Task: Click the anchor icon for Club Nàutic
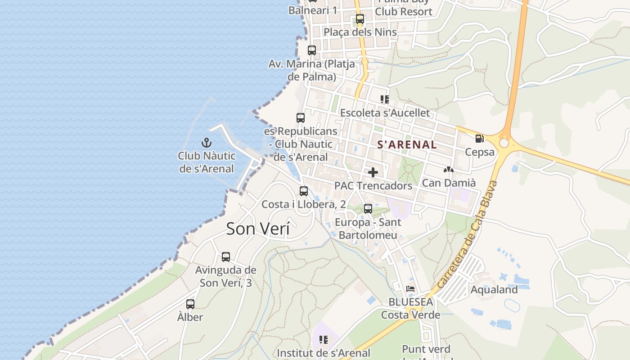click(206, 143)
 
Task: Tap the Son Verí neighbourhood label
click(258, 229)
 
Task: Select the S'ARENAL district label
click(407, 144)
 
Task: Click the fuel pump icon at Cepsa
click(480, 139)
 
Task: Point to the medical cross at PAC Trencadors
click(373, 172)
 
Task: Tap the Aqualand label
click(494, 289)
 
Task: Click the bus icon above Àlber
click(190, 304)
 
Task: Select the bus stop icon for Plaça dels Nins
click(360, 19)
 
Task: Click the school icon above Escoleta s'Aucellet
click(384, 99)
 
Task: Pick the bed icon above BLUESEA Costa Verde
click(410, 289)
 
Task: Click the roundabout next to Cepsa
click(504, 143)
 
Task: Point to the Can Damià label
click(448, 183)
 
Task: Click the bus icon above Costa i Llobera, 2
click(304, 191)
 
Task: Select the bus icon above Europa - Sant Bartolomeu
click(368, 209)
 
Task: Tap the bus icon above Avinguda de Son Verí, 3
click(226, 257)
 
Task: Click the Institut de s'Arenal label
click(324, 353)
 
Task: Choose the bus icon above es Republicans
click(301, 118)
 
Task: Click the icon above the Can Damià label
click(448, 170)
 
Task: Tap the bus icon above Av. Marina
click(312, 50)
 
